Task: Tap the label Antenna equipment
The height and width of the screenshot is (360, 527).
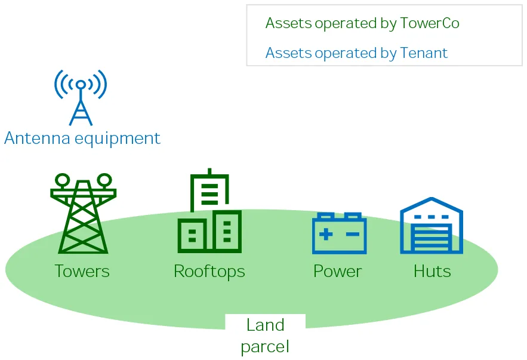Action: pos(82,139)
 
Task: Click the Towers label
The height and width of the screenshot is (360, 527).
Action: pos(82,271)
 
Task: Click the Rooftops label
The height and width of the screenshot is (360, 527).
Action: pos(209,271)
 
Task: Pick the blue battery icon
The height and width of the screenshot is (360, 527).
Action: pos(339,233)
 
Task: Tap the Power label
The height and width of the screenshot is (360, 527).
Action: pos(338,271)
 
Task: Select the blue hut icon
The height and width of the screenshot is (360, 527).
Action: pos(432,225)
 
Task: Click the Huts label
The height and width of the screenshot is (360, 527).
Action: pos(432,271)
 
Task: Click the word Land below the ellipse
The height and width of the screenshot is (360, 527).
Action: pos(266,325)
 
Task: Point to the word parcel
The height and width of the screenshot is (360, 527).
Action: pos(266,346)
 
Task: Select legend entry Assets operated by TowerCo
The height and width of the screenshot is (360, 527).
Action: pos(362,23)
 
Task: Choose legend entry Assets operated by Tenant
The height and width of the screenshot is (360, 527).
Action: pos(356,53)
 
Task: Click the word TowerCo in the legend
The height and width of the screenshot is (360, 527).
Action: pos(430,23)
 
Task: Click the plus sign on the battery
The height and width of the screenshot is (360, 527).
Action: pos(325,234)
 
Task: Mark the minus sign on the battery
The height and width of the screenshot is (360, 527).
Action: pos(353,234)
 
